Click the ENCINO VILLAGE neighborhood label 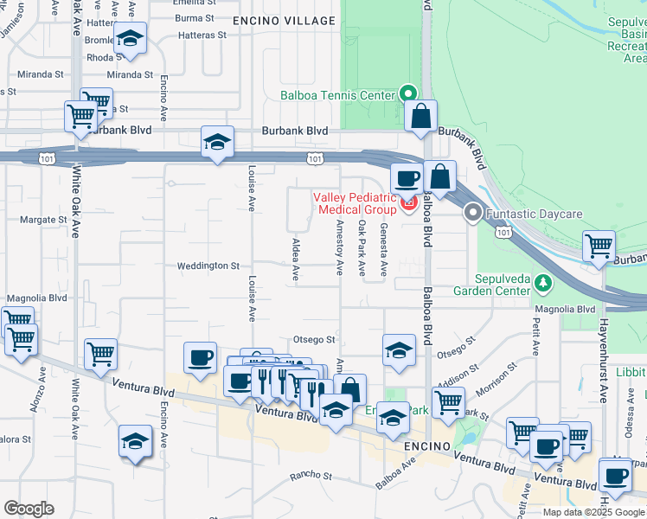click(x=284, y=21)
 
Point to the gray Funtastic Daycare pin click(x=472, y=212)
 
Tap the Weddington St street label click(x=208, y=266)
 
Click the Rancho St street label click(x=311, y=476)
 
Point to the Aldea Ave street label click(x=296, y=259)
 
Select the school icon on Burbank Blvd click(x=217, y=143)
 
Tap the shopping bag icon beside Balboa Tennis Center click(x=420, y=117)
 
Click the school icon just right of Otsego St click(x=399, y=350)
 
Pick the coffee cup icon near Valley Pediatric click(x=407, y=179)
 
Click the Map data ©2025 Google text click(x=593, y=512)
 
